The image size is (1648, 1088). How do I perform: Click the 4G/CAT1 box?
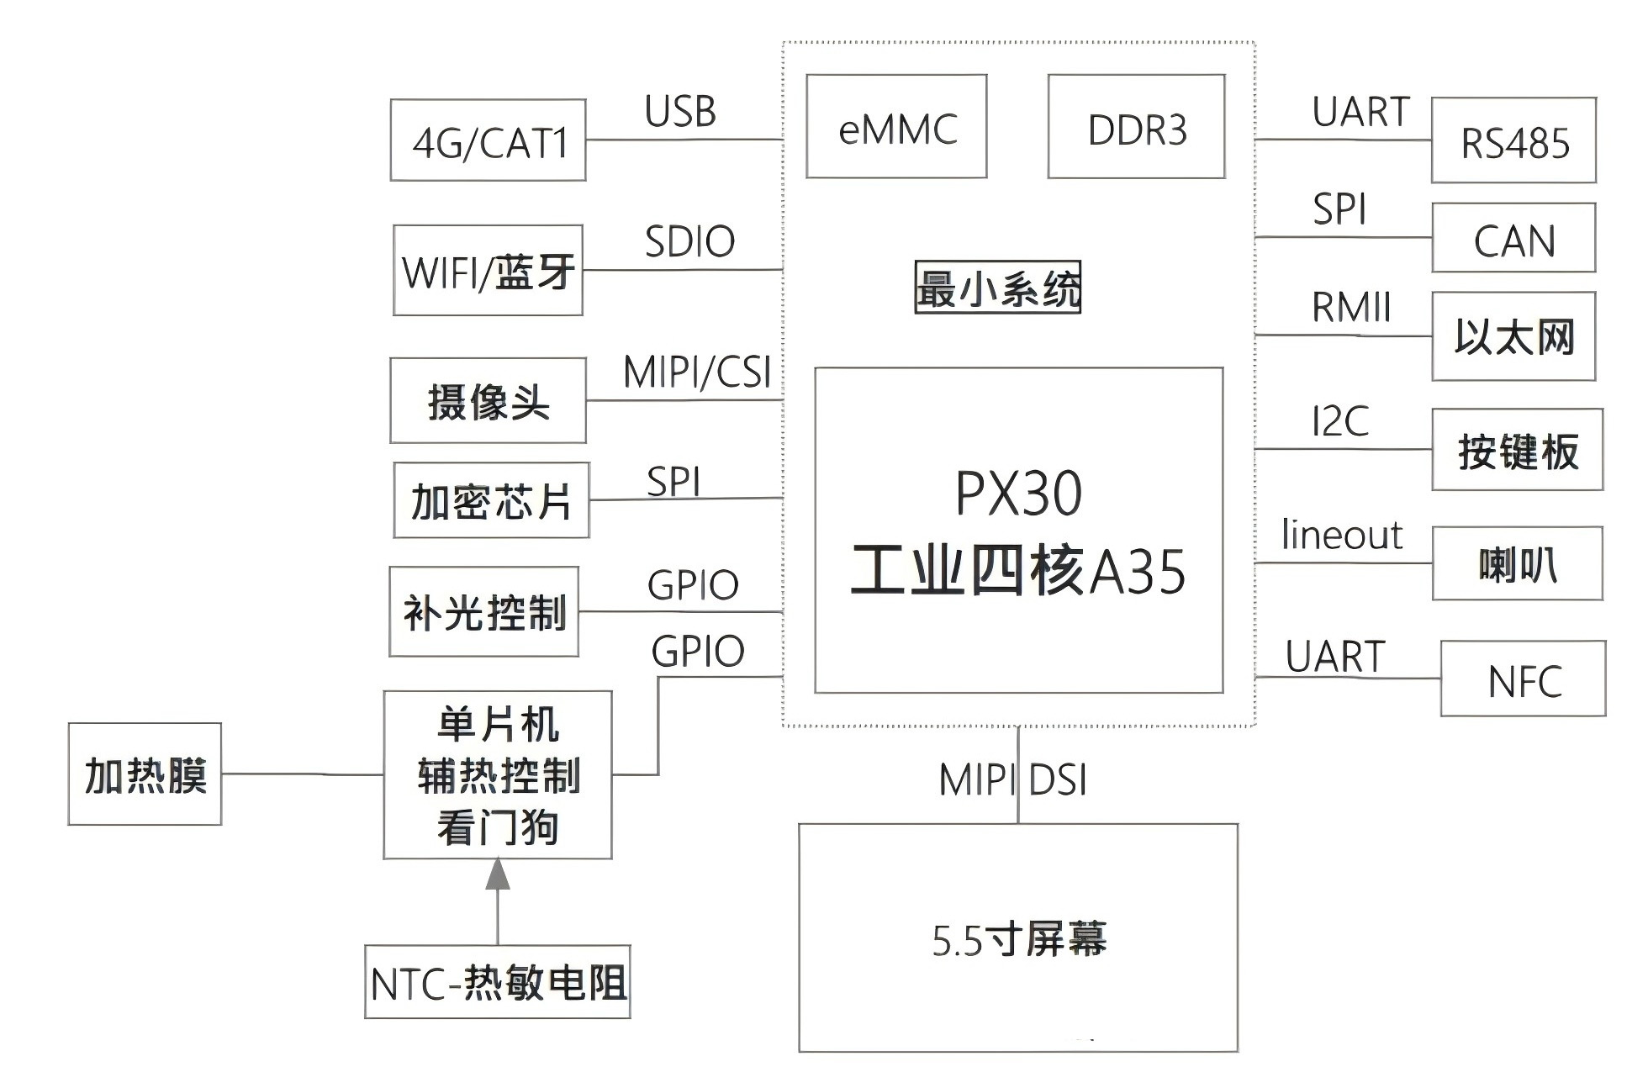pyautogui.click(x=488, y=140)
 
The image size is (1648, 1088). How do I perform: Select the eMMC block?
pyautogui.click(x=896, y=126)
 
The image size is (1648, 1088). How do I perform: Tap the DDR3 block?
pyautogui.click(x=1136, y=126)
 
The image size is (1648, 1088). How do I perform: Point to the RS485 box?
pyautogui.click(x=1513, y=140)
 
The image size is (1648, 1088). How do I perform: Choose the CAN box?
pyautogui.click(x=1513, y=237)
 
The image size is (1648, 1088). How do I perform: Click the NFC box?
pyautogui.click(x=1523, y=679)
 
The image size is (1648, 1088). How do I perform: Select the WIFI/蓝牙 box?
pyautogui.click(x=488, y=270)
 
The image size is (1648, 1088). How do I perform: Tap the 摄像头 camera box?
pyautogui.click(x=488, y=400)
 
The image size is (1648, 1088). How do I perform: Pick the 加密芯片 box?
pyautogui.click(x=491, y=500)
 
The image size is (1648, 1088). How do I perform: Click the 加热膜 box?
pyautogui.click(x=145, y=774)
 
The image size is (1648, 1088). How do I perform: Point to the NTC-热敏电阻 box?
pyautogui.click(x=498, y=982)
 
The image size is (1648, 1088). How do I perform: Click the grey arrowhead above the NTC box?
pyautogui.click(x=498, y=874)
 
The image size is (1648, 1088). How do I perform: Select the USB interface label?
pyautogui.click(x=680, y=112)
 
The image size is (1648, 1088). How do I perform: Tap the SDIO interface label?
pyautogui.click(x=689, y=242)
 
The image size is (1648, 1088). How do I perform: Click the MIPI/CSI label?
pyautogui.click(x=697, y=372)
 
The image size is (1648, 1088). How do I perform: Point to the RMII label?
pyautogui.click(x=1351, y=308)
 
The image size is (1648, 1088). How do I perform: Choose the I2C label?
pyautogui.click(x=1340, y=421)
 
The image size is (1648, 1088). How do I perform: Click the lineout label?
pyautogui.click(x=1342, y=535)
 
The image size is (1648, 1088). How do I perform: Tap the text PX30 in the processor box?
pyautogui.click(x=1018, y=494)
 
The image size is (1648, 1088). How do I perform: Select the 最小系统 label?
pyautogui.click(x=997, y=288)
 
